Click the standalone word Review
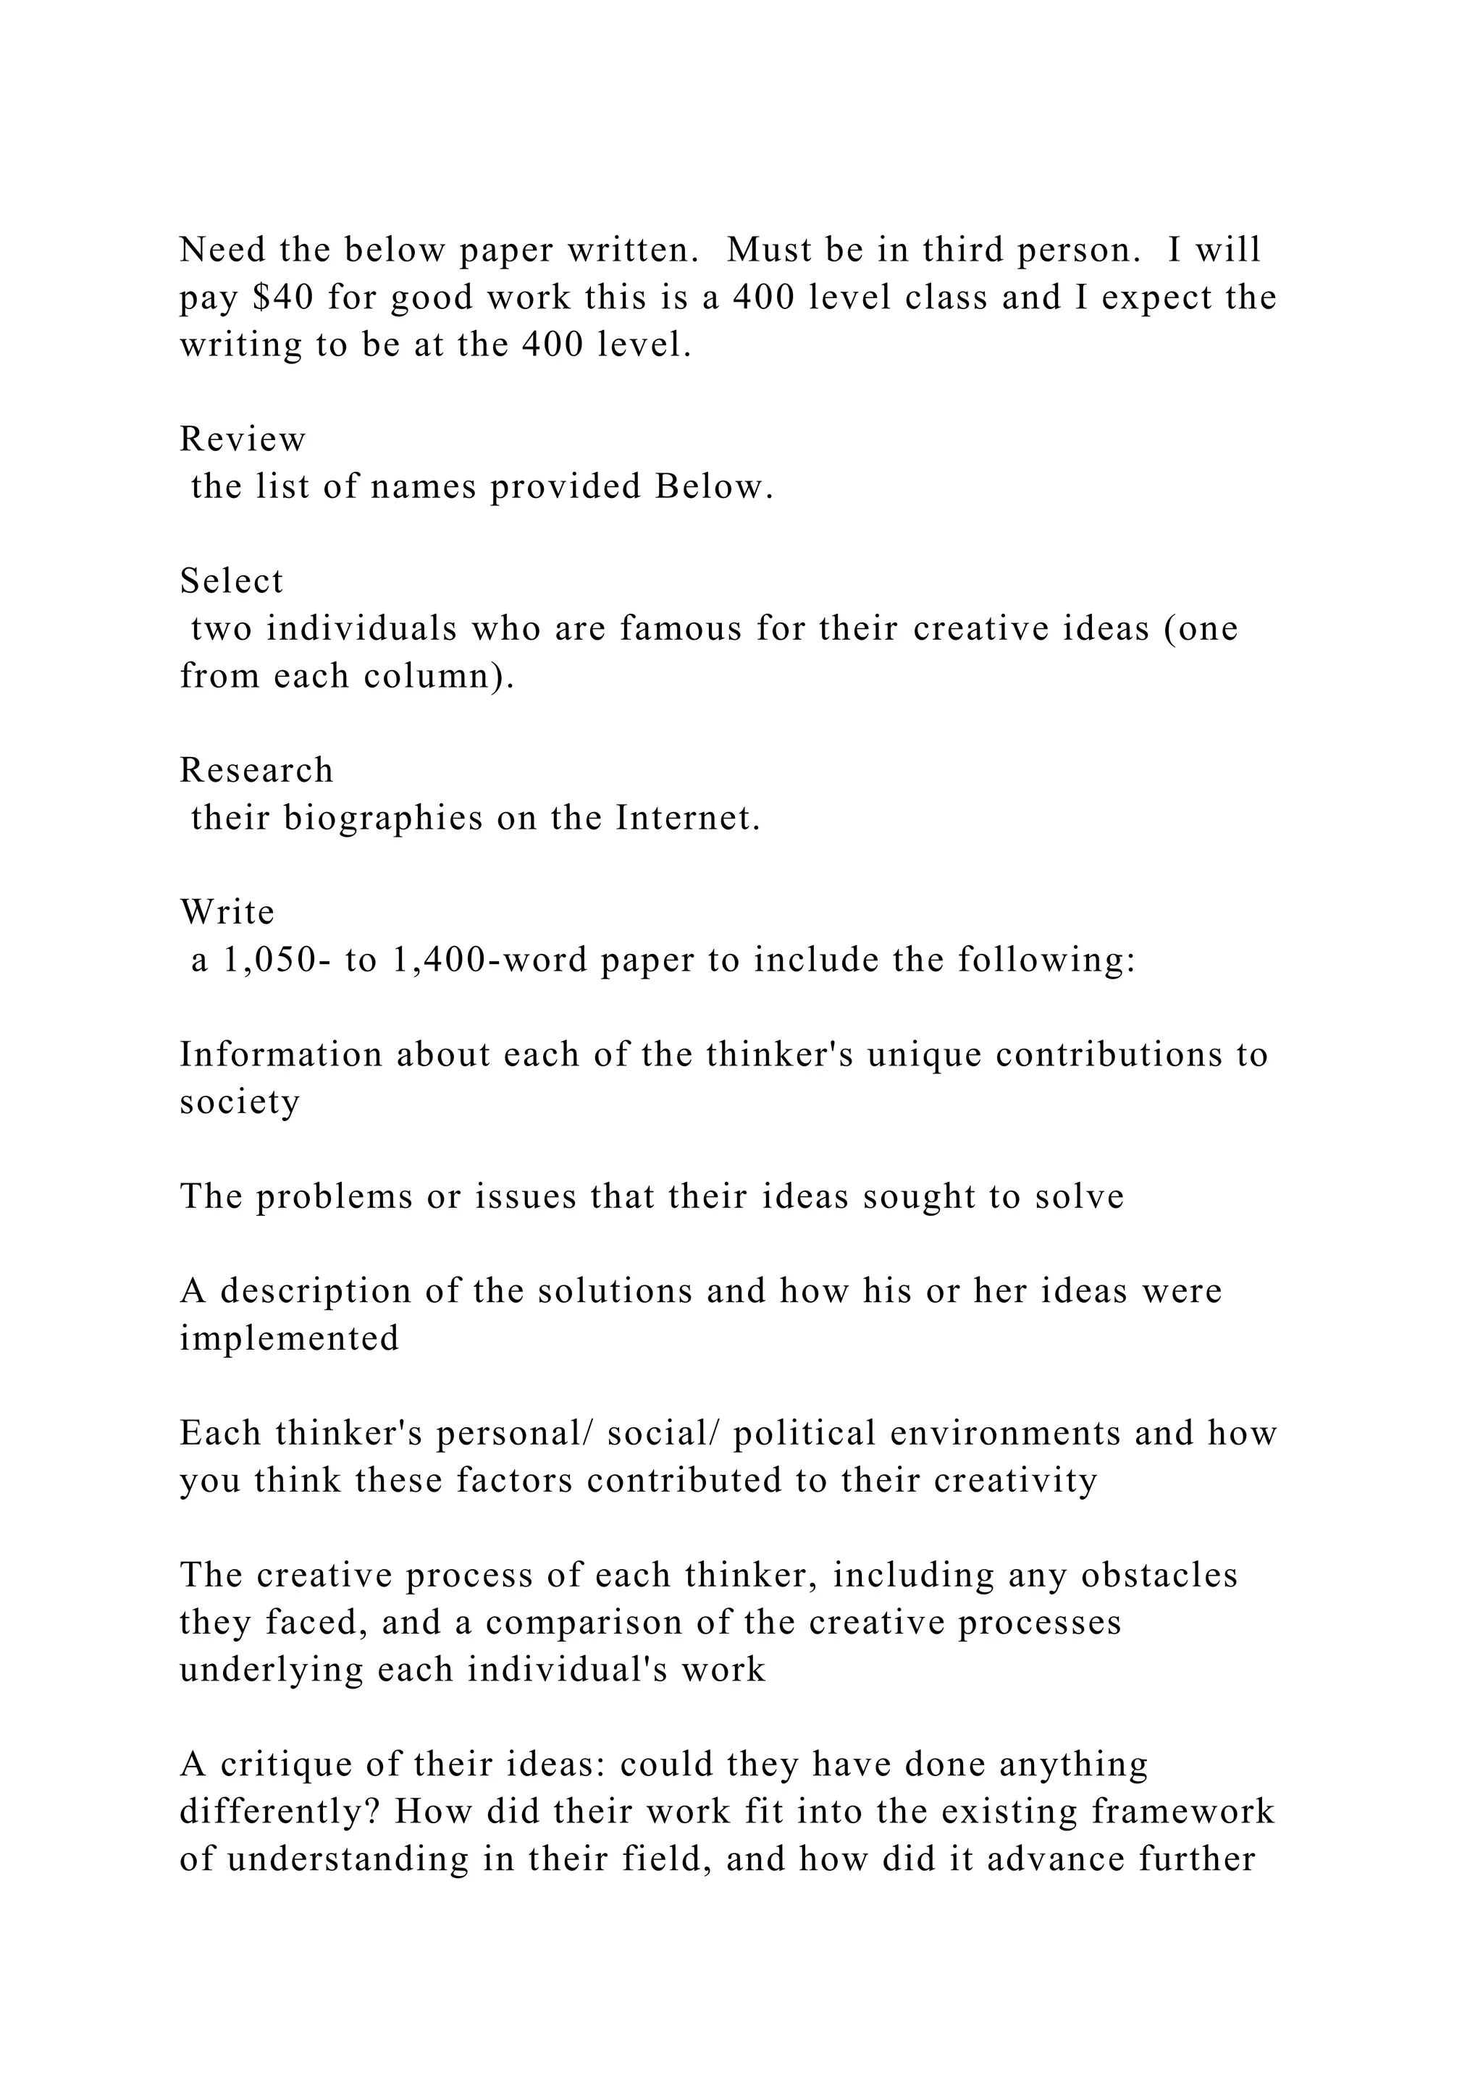point(243,439)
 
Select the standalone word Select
point(232,580)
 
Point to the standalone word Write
point(227,912)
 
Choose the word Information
point(280,1055)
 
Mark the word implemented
point(290,1339)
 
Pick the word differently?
point(280,1812)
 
